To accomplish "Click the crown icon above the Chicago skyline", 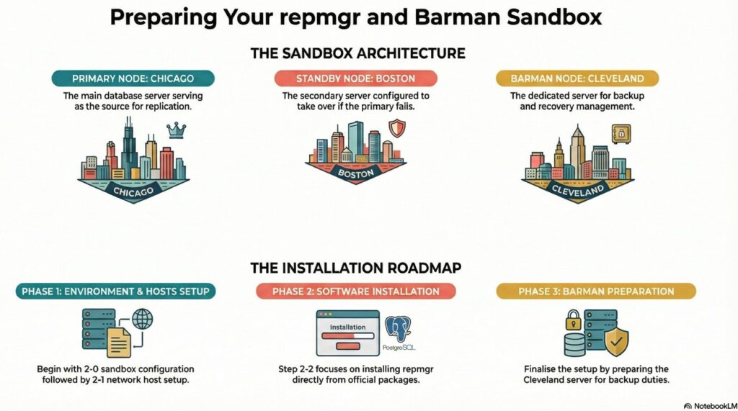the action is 176,130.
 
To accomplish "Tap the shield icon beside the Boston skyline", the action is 397,128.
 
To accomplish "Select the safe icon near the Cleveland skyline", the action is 621,135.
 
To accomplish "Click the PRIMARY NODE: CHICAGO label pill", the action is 133,78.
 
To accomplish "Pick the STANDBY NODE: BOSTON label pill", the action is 355,78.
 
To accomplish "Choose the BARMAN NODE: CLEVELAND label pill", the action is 577,78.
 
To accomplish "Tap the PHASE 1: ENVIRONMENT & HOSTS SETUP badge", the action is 115,292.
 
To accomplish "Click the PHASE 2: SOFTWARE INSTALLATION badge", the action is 356,292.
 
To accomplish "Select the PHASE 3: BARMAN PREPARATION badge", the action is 596,292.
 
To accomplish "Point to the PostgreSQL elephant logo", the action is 398,329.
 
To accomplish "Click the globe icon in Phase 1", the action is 142,320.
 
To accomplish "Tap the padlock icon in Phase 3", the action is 573,320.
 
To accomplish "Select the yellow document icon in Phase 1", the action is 119,343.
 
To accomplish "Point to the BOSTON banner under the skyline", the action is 356,173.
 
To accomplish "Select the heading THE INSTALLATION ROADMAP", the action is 356,268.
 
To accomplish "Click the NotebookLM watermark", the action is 710,406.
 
